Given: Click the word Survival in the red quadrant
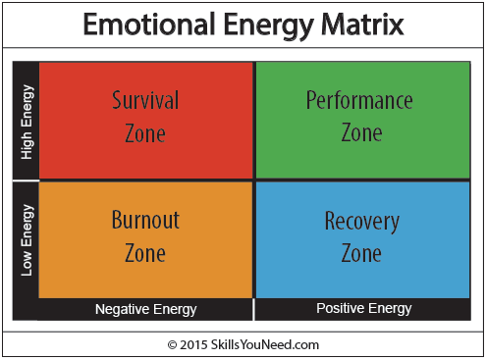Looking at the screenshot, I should [x=145, y=101].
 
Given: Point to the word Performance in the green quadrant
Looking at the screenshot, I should [x=359, y=101].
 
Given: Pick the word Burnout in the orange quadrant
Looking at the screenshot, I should [x=145, y=220].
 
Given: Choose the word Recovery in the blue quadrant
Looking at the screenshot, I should [x=361, y=221].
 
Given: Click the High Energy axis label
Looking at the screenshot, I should [x=27, y=122].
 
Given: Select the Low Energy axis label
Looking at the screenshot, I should [x=27, y=239].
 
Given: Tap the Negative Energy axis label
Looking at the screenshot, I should [x=145, y=309].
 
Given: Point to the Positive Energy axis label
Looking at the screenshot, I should [x=363, y=308].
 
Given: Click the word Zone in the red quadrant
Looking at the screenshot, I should [x=145, y=132].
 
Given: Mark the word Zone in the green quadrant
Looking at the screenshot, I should [x=360, y=132].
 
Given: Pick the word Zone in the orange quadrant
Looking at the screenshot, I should [x=145, y=252].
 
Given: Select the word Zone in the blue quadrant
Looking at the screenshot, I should [x=361, y=253].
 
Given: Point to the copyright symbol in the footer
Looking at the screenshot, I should [x=172, y=344].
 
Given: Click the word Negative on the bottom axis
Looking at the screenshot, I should [x=122, y=309].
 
